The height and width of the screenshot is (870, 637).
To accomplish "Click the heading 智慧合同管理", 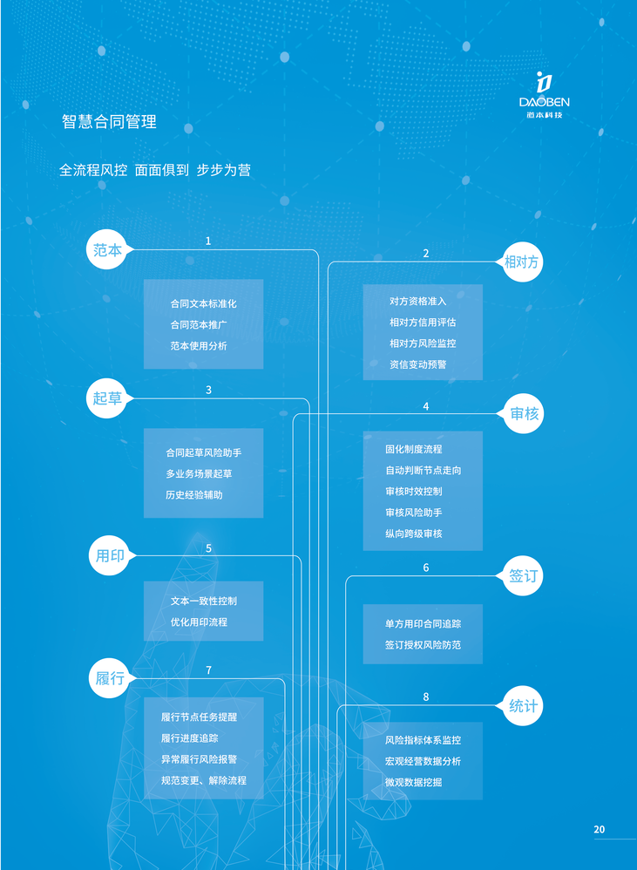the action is coord(109,122).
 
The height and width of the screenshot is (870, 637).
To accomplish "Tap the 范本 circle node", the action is coord(108,250).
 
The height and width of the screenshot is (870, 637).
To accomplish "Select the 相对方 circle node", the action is coord(524,262).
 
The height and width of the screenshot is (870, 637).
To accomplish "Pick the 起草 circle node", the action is coord(108,398).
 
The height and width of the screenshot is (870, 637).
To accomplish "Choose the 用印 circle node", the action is coord(110,555).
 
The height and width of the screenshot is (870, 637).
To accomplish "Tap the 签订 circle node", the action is coord(524,576).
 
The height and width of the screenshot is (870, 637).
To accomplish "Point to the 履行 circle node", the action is coord(110,678).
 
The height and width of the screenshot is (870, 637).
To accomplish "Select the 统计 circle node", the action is coord(524,706).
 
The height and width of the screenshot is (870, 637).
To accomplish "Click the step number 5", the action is coord(209,548).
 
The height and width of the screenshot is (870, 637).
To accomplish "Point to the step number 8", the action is coord(426,697).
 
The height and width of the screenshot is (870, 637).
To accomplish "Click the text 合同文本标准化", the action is coord(203,304).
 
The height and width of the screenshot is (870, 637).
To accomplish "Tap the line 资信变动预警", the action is coord(417,364).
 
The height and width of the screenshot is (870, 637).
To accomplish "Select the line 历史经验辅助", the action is coord(194,495).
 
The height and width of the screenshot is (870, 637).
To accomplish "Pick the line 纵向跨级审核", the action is coord(414,534).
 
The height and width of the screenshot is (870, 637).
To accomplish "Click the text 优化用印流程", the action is coord(200,622).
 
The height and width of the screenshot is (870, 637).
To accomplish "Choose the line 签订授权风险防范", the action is coord(423,645).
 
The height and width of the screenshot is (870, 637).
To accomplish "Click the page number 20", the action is coord(599,829).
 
